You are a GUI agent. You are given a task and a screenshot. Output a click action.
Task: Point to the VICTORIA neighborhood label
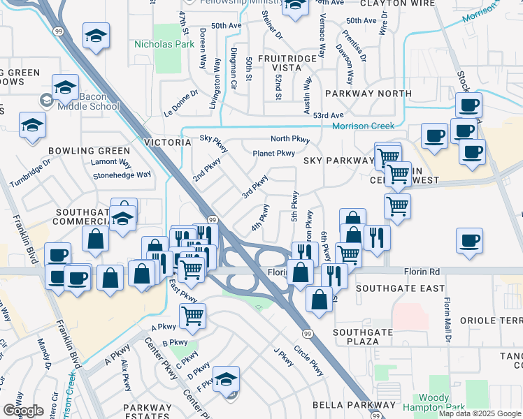(168, 142)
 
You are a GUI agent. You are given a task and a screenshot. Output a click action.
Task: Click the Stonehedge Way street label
(122, 175)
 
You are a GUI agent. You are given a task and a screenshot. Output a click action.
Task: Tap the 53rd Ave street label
(329, 115)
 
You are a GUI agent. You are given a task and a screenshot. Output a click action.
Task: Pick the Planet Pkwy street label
(273, 154)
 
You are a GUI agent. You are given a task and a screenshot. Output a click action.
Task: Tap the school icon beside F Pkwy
(227, 379)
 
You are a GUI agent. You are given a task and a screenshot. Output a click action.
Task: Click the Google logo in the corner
(24, 411)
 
